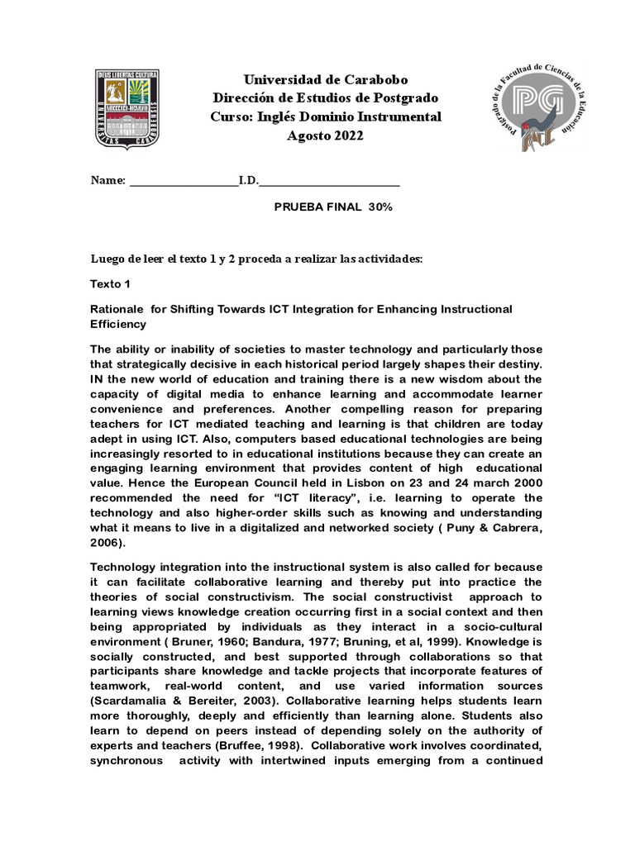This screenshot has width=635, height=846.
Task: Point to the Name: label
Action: (x=107, y=180)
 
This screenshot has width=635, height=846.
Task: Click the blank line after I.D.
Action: (x=331, y=181)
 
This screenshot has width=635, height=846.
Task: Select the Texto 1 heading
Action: (x=111, y=283)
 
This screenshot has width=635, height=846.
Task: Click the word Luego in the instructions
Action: (x=107, y=259)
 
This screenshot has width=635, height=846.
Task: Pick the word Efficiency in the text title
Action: (x=118, y=325)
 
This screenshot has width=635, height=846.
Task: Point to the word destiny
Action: (x=520, y=365)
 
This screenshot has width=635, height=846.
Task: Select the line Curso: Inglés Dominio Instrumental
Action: (x=325, y=116)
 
